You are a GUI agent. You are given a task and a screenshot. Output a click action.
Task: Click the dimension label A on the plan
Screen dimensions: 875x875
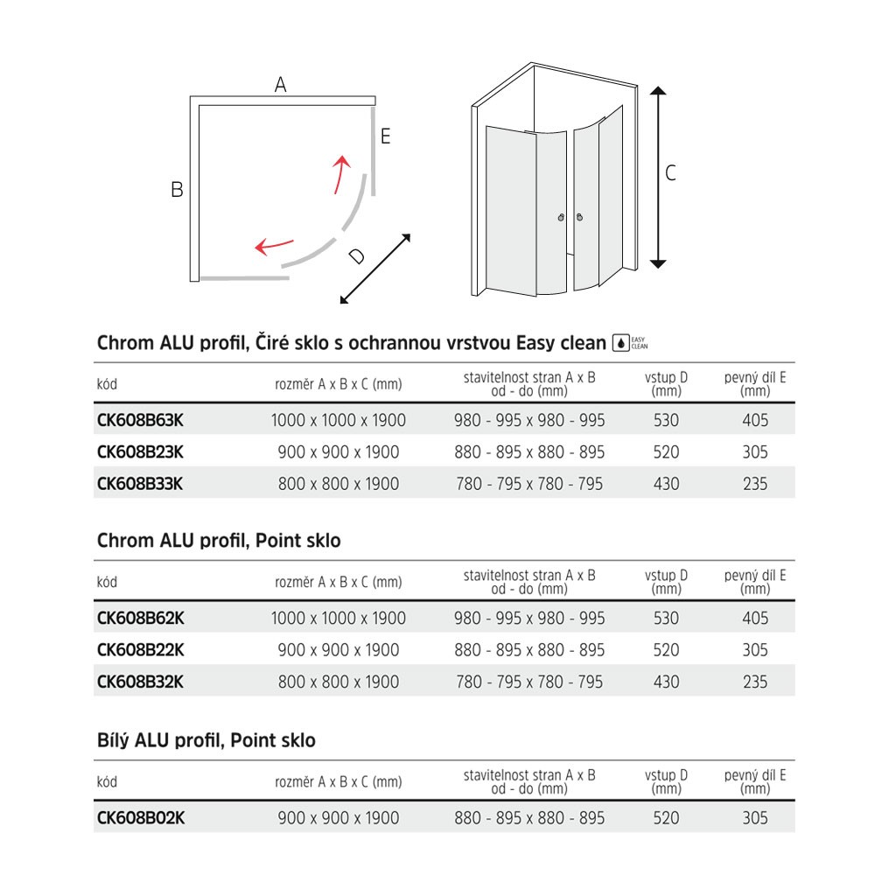click(x=280, y=85)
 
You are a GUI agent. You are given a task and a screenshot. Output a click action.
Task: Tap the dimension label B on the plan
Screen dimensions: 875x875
click(x=177, y=189)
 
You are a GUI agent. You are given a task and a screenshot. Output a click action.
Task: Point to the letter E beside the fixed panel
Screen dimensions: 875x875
click(x=385, y=136)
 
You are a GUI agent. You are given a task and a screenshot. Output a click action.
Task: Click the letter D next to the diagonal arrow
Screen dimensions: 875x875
click(x=356, y=256)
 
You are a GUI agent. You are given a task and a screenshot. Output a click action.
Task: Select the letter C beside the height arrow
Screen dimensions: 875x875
click(x=670, y=174)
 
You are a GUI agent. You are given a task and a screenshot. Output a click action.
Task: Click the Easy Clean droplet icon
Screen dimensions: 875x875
click(x=620, y=342)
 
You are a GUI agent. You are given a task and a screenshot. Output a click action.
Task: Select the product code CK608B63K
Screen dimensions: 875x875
click(x=140, y=420)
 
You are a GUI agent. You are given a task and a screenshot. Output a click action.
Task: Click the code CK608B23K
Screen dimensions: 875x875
click(x=140, y=452)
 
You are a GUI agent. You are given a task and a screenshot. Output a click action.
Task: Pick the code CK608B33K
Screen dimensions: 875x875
click(x=140, y=484)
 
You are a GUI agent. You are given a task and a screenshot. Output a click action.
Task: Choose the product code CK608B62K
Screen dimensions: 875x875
click(x=140, y=618)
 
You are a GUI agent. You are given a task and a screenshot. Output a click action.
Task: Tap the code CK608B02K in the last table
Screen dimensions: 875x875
click(x=140, y=818)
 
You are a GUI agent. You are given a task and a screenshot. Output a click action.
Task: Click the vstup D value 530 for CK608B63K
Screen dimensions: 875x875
click(x=666, y=420)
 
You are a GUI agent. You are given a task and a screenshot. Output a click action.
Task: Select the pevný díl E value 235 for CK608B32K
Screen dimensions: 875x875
click(x=754, y=682)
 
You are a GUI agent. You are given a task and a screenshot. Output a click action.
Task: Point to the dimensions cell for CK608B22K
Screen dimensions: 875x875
click(x=339, y=650)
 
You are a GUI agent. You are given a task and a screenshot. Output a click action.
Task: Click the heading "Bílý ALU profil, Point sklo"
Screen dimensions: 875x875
click(x=206, y=740)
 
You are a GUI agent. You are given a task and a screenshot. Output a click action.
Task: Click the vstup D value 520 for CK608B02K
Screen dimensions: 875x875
click(x=666, y=818)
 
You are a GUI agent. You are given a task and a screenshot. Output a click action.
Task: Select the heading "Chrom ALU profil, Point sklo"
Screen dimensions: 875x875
click(x=219, y=541)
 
